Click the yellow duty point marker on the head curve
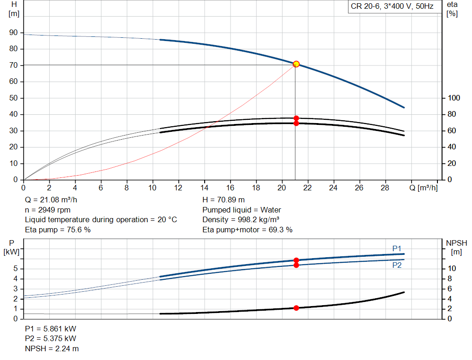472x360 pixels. coord(296,64)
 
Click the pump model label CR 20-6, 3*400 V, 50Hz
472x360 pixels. coord(392,7)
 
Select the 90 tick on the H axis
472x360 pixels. coord(13,33)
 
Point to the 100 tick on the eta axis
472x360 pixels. coord(454,98)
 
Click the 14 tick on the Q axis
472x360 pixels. coord(204,188)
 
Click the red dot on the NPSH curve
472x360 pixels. coord(296,308)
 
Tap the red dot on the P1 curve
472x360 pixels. coord(296,260)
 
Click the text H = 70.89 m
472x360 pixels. coord(224,200)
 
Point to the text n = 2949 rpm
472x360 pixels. coord(47,210)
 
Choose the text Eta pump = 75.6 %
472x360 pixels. coord(58,230)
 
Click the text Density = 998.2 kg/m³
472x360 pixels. coord(241,220)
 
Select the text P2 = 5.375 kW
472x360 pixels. coord(50,339)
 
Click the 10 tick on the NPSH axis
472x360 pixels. coord(452,269)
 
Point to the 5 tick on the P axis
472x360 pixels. coord(16,269)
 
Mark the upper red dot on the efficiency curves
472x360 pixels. coord(296,118)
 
